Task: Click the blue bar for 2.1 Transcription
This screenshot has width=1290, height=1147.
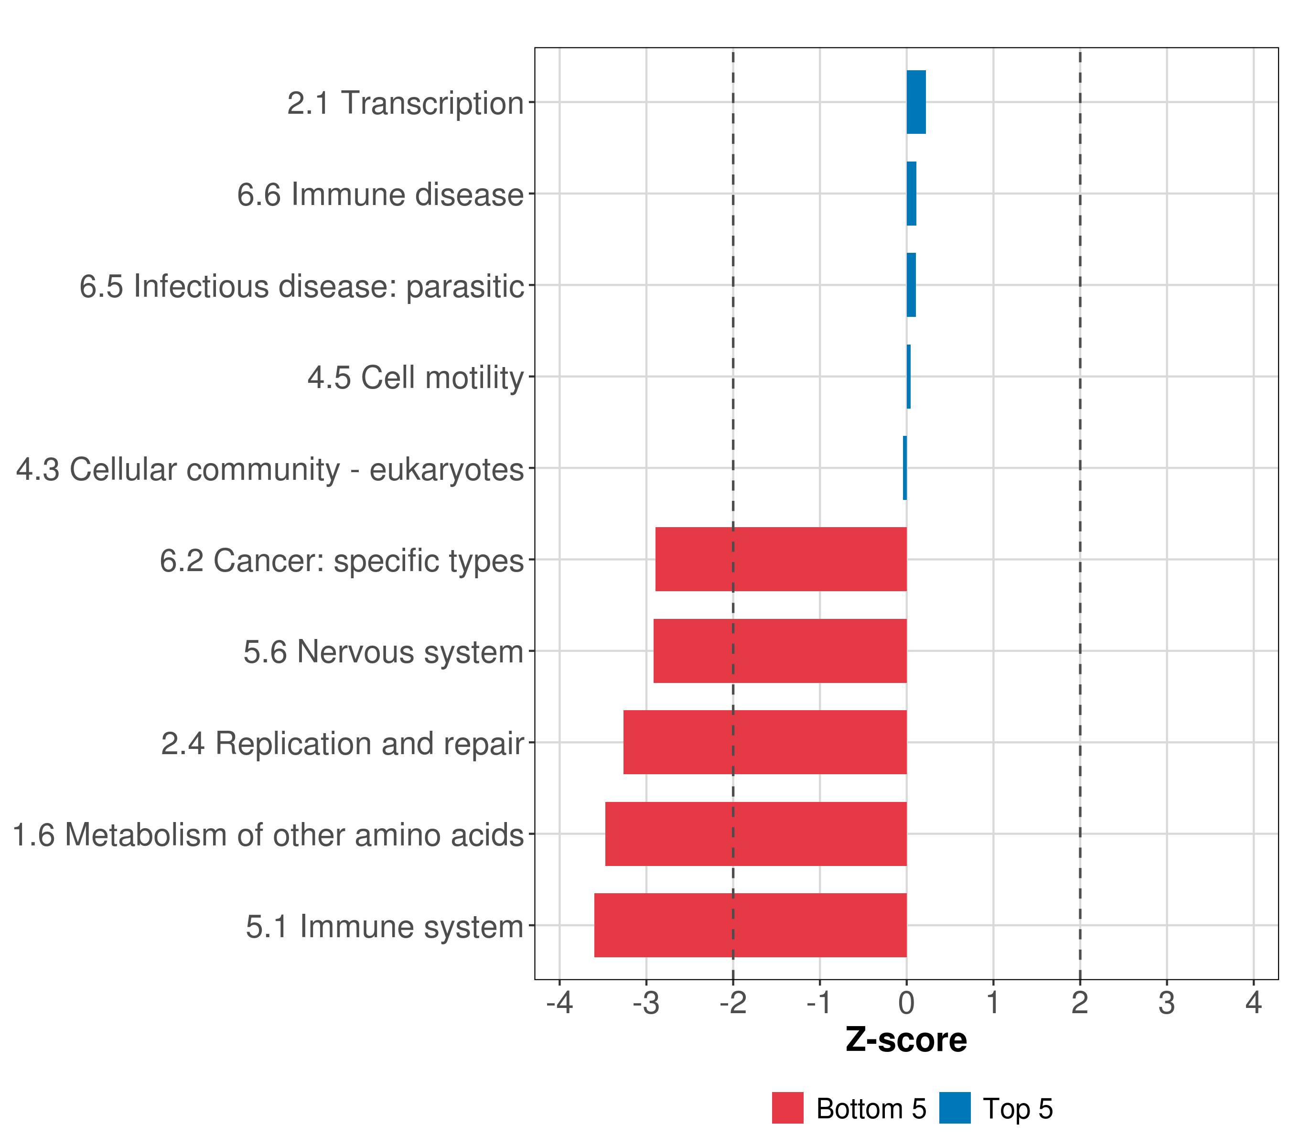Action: coord(916,102)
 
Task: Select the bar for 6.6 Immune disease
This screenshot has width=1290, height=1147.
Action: coord(911,194)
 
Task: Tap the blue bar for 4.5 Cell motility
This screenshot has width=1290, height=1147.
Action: coord(908,377)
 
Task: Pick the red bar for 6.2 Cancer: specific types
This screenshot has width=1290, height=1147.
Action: coord(781,559)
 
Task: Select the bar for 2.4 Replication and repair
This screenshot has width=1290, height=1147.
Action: coord(765,742)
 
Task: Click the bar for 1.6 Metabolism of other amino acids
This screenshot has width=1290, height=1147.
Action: coord(755,834)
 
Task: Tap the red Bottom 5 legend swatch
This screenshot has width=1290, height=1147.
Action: coord(787,1108)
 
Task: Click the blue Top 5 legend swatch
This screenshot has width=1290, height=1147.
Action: coord(954,1108)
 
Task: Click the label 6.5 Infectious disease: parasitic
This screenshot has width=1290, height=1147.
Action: coord(301,286)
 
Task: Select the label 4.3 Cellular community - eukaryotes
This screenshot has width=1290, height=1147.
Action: coord(270,469)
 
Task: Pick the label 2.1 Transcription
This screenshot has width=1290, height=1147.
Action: coord(405,103)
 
